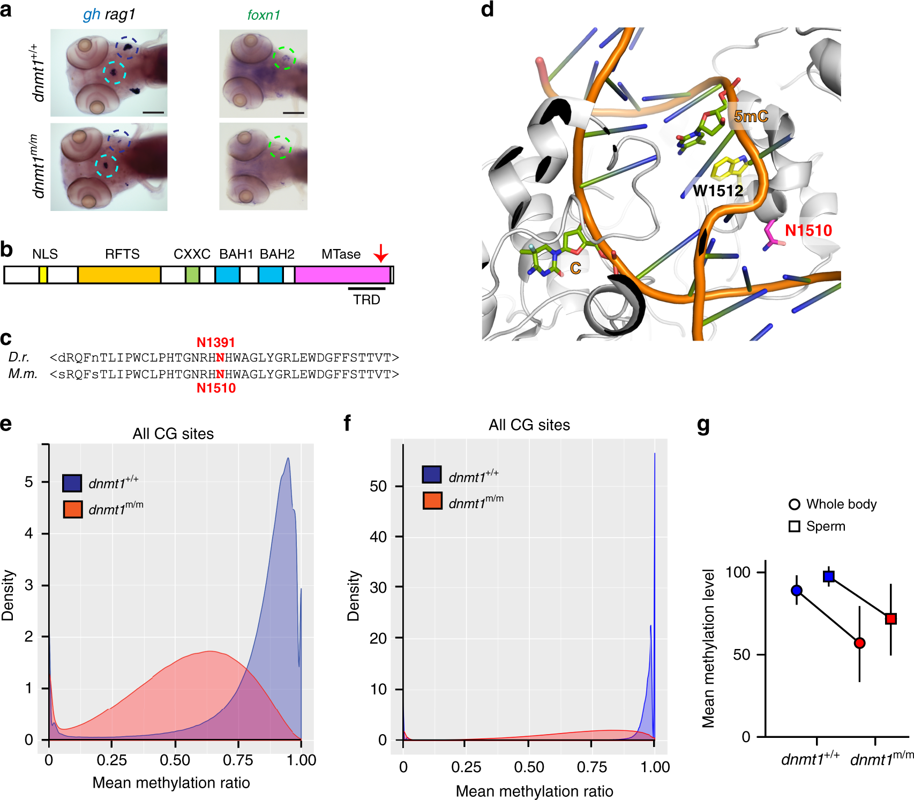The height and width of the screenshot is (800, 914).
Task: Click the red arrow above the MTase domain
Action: click(381, 253)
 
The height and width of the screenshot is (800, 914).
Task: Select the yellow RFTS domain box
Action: click(119, 275)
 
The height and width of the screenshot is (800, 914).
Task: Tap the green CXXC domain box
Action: click(192, 275)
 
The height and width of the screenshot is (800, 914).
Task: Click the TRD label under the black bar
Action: click(366, 299)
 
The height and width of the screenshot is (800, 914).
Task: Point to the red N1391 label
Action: click(216, 342)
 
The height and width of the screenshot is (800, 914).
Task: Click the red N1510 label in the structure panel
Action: click(808, 230)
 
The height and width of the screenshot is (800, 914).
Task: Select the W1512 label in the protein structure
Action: click(717, 190)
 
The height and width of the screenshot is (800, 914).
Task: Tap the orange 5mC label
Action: click(751, 116)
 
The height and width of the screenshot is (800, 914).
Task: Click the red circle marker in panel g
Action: click(859, 643)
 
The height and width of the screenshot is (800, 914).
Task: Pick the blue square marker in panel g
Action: click(829, 576)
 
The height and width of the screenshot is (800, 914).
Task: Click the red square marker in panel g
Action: click(890, 618)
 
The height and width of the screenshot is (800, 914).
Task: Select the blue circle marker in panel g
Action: click(797, 590)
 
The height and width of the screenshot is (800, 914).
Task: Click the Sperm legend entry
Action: click(825, 526)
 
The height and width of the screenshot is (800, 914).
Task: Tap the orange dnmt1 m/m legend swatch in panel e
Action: click(72, 509)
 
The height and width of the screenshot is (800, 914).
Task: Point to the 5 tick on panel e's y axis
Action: click(29, 482)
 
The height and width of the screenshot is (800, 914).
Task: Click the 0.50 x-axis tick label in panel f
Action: click(529, 767)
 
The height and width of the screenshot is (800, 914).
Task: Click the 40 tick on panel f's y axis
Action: click(378, 537)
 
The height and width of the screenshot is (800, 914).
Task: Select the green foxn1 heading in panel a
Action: click(264, 15)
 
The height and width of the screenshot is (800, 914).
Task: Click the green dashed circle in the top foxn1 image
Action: click(284, 57)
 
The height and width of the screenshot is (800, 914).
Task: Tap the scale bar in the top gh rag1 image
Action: click(154, 112)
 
